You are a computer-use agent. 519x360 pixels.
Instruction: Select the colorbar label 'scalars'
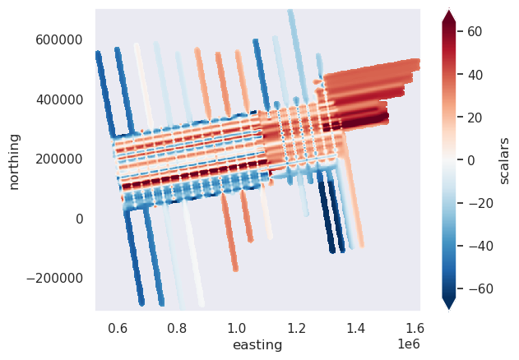[x=505, y=160]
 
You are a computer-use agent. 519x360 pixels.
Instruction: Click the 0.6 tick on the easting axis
[x=118, y=326]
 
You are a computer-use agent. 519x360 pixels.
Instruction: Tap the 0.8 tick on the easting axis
[x=177, y=326]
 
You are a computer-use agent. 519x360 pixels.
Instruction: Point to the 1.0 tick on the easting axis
[x=237, y=326]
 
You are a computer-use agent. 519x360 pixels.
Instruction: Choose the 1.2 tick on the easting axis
[x=296, y=326]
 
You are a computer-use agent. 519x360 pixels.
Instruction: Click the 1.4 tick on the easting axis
[x=355, y=326]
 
